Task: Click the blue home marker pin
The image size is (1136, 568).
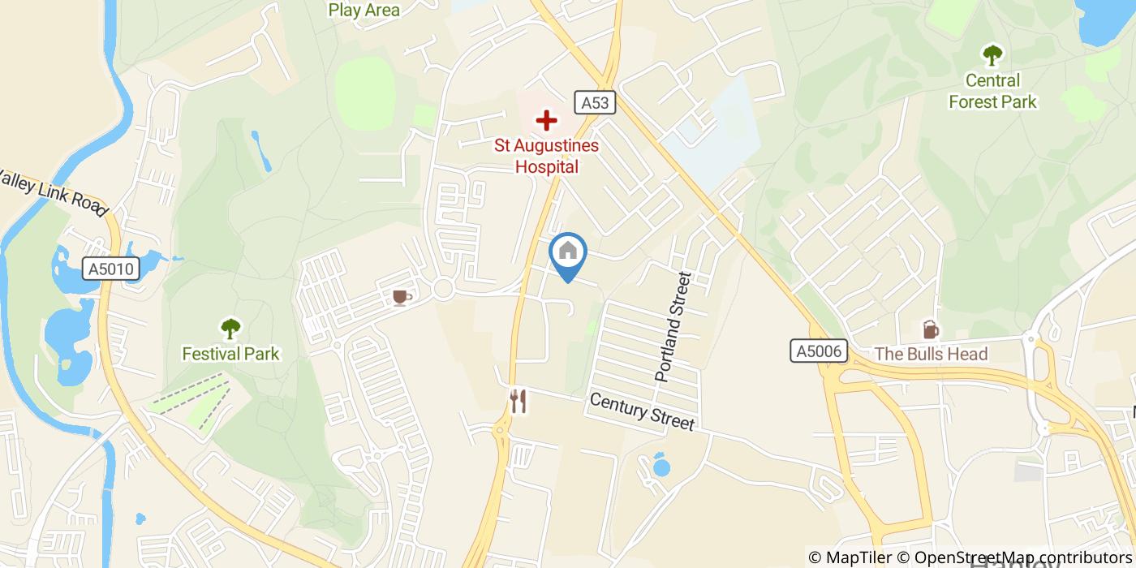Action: point(568,253)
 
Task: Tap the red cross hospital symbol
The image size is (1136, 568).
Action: point(547,122)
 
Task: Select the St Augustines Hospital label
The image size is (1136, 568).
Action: point(547,157)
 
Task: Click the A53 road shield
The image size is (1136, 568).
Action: point(596,102)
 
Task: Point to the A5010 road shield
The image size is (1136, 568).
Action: point(111,269)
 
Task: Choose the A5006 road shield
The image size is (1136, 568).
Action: point(819,351)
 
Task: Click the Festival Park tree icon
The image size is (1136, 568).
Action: point(231,329)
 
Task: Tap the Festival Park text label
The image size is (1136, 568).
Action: point(230,354)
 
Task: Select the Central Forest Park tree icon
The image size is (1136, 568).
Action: point(992,55)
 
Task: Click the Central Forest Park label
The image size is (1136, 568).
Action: point(992,91)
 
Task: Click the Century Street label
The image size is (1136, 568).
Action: point(642,411)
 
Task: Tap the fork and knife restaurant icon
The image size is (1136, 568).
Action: point(518,401)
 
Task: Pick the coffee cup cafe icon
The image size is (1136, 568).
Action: point(400,298)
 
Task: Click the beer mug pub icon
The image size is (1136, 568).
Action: point(930,329)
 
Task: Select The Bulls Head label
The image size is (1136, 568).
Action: point(931,354)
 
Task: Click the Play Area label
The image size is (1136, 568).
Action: point(364,10)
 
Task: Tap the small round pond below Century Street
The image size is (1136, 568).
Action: point(662,467)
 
